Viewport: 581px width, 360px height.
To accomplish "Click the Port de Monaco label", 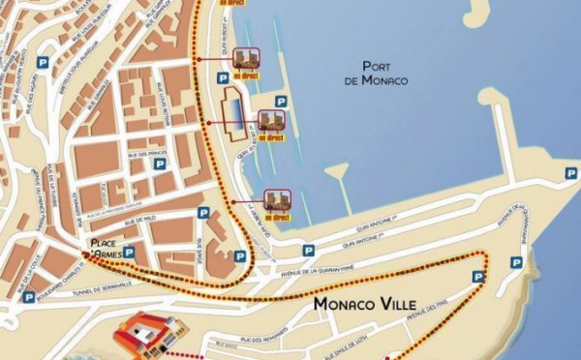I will point(384,74).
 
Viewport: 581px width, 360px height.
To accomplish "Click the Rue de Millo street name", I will point(139,220).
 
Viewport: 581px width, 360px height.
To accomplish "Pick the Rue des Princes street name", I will point(147,154).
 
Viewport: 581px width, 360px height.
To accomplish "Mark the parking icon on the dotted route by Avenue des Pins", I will point(477,277).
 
